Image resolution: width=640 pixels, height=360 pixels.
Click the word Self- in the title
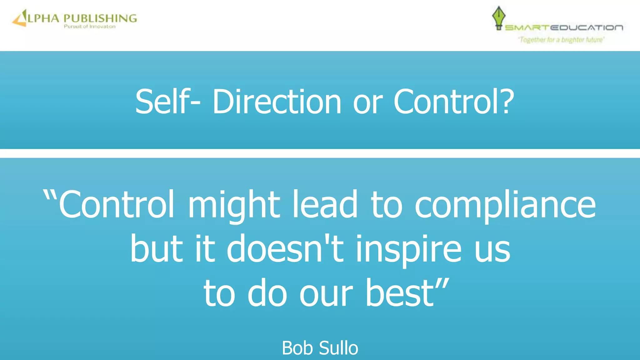pyautogui.click(x=167, y=102)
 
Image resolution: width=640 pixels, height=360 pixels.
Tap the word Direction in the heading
pyautogui.click(x=277, y=102)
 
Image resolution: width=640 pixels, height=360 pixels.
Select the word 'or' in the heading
pyautogui.click(x=367, y=103)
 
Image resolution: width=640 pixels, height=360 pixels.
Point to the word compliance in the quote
pyautogui.click(x=505, y=206)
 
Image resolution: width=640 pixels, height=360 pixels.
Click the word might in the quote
pyautogui.click(x=234, y=206)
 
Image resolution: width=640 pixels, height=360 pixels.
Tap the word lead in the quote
pyautogui.click(x=325, y=205)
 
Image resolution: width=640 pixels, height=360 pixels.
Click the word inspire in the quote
pyautogui.click(x=408, y=250)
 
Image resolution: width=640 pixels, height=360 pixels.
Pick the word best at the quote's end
pyautogui.click(x=400, y=293)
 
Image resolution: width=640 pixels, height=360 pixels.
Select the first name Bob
pyautogui.click(x=297, y=348)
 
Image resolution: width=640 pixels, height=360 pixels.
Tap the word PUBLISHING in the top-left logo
pyautogui.click(x=100, y=18)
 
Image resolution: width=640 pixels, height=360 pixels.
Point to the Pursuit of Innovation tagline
pyautogui.click(x=90, y=27)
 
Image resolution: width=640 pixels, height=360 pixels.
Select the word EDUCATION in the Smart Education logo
pyautogui.click(x=586, y=28)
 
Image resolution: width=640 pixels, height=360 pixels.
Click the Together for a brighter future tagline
pyautogui.click(x=561, y=40)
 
